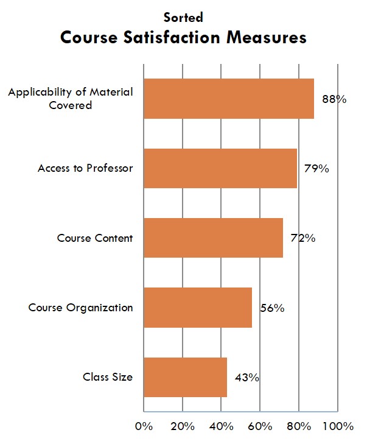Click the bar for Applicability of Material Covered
(x=228, y=99)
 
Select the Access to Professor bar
(x=220, y=168)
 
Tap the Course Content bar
(x=213, y=238)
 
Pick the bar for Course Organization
(x=197, y=307)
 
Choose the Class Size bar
(x=185, y=377)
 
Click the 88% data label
(x=334, y=99)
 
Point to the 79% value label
(x=316, y=169)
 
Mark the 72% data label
(x=302, y=238)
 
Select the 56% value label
(x=271, y=308)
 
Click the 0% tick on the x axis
(x=144, y=425)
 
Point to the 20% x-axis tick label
(x=182, y=425)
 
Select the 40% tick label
(x=221, y=425)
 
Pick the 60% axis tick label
(x=260, y=425)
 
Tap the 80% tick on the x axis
(x=298, y=425)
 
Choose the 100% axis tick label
(x=338, y=425)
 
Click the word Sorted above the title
(x=183, y=18)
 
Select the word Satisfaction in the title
(x=174, y=38)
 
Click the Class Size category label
(x=108, y=377)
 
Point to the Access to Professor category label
(x=85, y=168)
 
